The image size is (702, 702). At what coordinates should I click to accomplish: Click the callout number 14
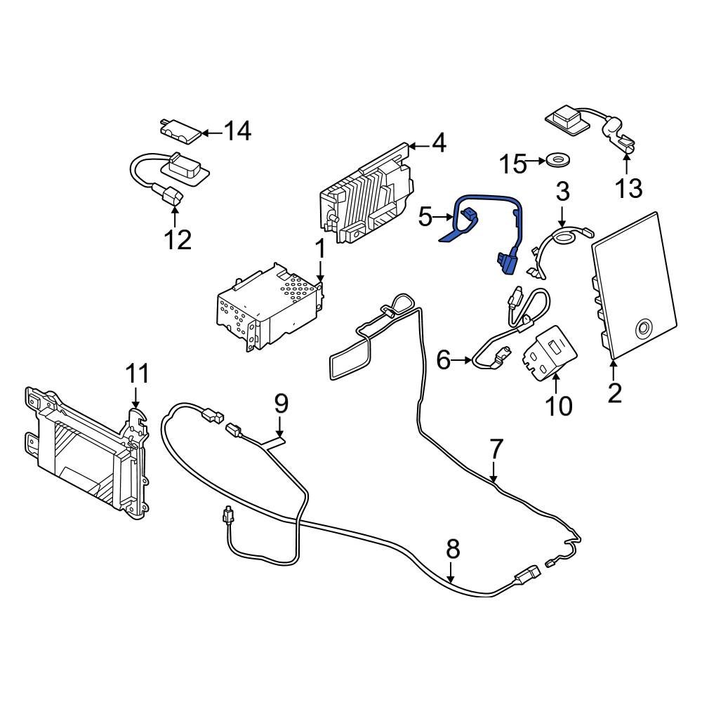click(237, 131)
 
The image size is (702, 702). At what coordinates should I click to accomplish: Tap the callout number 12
click(178, 240)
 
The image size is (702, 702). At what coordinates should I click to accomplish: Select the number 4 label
click(438, 144)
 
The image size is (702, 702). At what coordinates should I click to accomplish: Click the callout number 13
click(629, 187)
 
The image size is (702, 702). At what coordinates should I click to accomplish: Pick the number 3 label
click(563, 190)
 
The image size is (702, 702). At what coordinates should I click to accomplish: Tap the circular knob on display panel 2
click(642, 327)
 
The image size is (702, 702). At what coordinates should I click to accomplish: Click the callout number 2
click(614, 392)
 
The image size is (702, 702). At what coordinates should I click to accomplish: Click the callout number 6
click(444, 360)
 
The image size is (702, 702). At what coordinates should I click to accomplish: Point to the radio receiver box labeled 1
click(270, 309)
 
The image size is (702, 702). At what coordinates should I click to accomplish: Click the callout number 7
click(496, 447)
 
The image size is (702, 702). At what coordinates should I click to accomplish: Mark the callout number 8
click(453, 548)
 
